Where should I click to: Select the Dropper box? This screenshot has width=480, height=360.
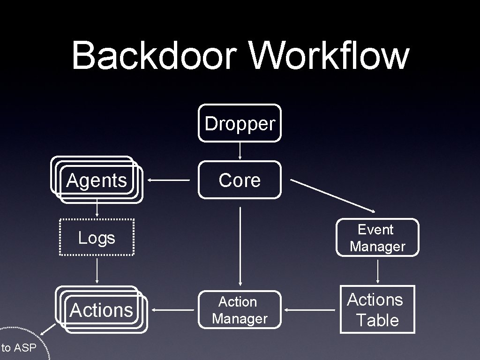pos(240,123)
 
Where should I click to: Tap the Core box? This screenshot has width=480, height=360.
pos(240,180)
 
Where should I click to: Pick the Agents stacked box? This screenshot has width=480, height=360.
pos(97,180)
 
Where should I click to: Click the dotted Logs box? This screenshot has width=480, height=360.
pos(97,238)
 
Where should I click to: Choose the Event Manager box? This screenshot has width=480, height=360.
pos(377,238)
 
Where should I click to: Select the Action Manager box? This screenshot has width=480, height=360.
pos(240,310)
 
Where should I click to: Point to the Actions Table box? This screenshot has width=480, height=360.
pos(377,310)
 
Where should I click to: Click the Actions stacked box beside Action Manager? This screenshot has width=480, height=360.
pos(102,310)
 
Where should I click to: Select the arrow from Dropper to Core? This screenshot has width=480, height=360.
pos(240,151)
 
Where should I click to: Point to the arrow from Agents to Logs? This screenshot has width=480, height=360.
pos(97,209)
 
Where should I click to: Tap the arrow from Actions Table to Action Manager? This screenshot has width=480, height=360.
pos(310,310)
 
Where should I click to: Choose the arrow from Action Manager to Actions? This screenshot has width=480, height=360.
pos(174,310)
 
